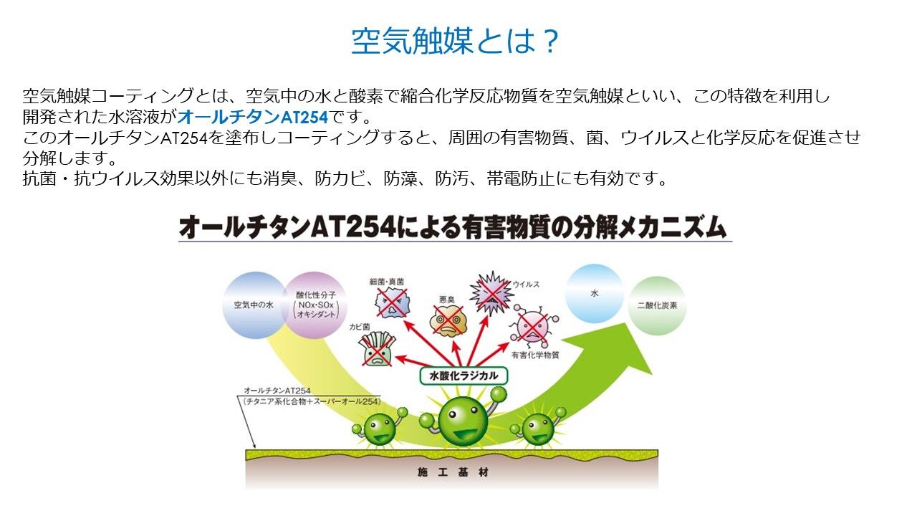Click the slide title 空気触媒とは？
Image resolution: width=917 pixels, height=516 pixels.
click(455, 41)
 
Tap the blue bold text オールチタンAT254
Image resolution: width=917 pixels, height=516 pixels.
click(253, 118)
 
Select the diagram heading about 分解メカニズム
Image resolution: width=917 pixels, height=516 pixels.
click(453, 227)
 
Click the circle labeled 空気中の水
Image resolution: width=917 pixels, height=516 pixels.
click(254, 305)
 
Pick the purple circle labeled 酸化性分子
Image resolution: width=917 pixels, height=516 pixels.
click(316, 305)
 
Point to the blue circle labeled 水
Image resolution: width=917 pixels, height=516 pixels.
click(594, 293)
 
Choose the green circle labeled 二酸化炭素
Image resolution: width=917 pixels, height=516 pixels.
click(657, 305)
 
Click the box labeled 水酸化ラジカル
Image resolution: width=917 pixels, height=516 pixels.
click(464, 376)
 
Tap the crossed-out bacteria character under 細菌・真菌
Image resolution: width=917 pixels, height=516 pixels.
click(392, 302)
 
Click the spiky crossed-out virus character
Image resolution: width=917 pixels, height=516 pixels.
click(491, 293)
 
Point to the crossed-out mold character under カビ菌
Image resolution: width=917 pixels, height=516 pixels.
click(377, 349)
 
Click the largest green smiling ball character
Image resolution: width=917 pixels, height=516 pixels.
click(463, 420)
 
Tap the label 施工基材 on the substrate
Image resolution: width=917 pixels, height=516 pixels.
click(453, 472)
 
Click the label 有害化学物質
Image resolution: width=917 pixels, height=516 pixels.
click(535, 355)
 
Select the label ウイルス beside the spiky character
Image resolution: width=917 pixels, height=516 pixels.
click(526, 285)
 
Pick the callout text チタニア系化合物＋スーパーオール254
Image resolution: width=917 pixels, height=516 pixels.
click(312, 402)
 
